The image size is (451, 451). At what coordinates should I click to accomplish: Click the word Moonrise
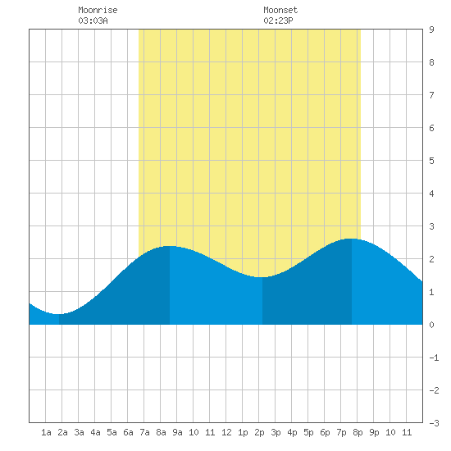coord(98,10)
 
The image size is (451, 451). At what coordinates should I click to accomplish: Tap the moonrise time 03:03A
coord(93,20)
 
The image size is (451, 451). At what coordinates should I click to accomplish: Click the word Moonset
coord(280,10)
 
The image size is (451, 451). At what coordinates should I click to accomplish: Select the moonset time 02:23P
coord(278,20)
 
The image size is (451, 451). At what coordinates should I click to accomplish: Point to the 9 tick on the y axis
coord(431,30)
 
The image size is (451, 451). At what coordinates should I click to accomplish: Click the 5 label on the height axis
coord(431,161)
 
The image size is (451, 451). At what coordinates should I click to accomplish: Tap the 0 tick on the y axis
coord(431,325)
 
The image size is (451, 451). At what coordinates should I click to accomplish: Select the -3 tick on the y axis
coord(434,423)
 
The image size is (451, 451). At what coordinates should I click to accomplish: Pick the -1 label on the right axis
coord(434,358)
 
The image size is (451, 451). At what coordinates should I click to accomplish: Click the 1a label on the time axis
coord(46,432)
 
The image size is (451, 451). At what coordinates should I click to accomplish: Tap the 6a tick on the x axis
coord(128,432)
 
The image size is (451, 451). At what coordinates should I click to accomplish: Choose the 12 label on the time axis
coord(226,432)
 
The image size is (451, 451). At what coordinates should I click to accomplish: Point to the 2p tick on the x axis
coord(259,432)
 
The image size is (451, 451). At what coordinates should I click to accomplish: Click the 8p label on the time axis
coord(358,432)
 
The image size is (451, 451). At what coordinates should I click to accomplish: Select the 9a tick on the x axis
coord(177,432)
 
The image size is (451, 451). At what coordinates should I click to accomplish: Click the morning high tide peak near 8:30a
coord(170,246)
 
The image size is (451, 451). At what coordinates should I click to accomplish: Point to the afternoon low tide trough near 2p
coord(262,277)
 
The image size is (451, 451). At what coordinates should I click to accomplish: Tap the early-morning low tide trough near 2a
coord(59,314)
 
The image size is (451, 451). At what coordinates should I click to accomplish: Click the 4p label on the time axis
coord(292,432)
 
